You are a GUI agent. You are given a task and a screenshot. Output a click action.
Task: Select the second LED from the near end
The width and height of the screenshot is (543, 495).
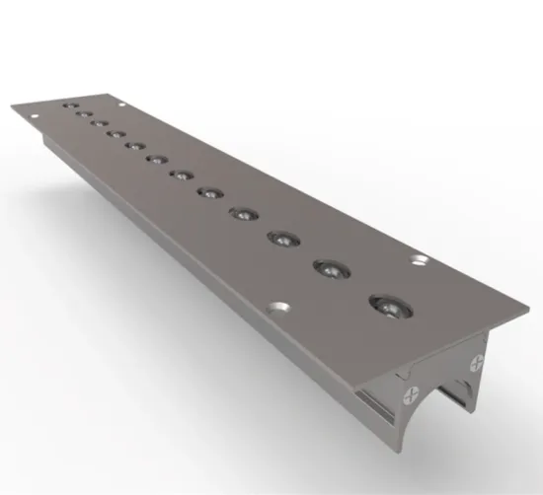330,268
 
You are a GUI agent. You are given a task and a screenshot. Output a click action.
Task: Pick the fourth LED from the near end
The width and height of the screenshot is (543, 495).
243,212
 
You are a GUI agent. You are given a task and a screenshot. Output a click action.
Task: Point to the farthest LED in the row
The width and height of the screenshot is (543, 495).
68,104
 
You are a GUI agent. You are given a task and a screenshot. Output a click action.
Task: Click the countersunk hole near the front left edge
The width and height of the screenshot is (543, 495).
279,307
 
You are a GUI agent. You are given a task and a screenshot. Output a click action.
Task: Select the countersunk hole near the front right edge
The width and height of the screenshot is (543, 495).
418,260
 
